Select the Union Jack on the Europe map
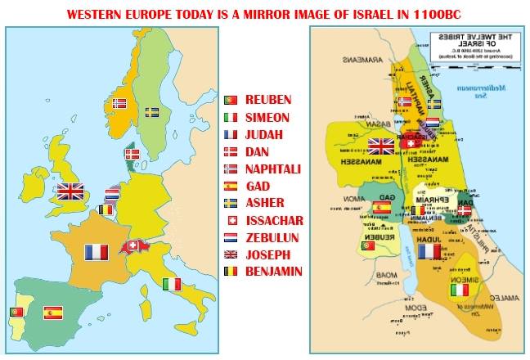[70, 191]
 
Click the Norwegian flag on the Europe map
[119, 104]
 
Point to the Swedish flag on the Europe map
[152, 111]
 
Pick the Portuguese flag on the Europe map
[16, 312]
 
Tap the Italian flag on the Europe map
[172, 284]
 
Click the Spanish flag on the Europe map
[53, 312]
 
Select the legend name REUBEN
[268, 100]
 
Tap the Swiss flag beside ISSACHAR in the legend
[231, 221]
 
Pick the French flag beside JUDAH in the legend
[231, 135]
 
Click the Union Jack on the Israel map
[381, 146]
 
